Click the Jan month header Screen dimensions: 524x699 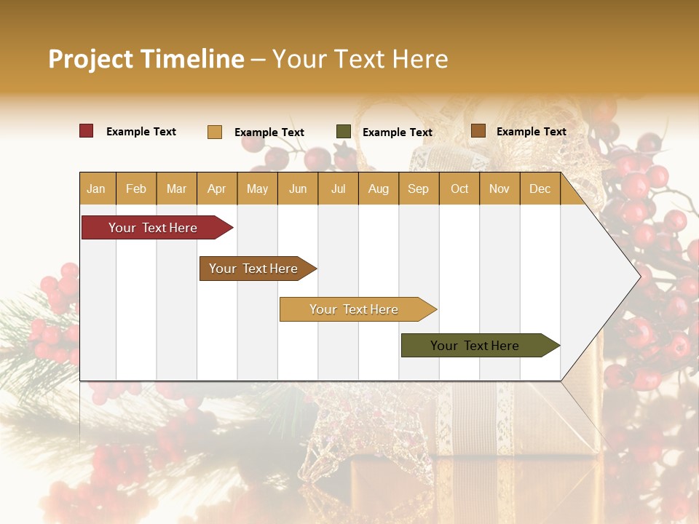click(96, 189)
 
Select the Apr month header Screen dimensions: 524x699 click(217, 189)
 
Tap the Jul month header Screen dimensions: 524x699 click(338, 189)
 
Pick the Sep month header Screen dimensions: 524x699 click(418, 189)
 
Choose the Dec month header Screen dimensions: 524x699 click(540, 189)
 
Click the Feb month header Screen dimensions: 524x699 click(136, 189)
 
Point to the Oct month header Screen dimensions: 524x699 click(459, 189)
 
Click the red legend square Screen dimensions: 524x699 click(87, 131)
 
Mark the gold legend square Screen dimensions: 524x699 click(215, 132)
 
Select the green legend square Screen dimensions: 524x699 click(344, 132)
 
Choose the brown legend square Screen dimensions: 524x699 click(478, 131)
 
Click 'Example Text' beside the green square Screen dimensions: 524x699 click(398, 132)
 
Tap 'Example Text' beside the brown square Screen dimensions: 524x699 click(532, 132)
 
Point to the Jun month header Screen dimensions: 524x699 click(298, 189)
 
